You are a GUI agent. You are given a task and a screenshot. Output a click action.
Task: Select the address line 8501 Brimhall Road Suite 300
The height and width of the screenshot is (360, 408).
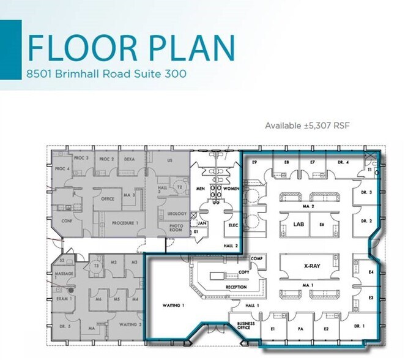[x=106, y=74]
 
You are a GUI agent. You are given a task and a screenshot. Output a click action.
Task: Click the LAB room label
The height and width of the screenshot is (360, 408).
[x=298, y=225]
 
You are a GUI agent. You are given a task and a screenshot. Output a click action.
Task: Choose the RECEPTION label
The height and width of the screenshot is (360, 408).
[x=236, y=287]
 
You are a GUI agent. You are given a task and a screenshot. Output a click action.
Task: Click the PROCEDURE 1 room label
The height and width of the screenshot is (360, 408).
[x=124, y=223]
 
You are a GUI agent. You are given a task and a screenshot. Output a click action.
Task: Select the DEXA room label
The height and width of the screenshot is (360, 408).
[x=129, y=159]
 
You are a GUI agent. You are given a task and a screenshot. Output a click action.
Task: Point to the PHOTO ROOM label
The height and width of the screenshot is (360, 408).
[x=177, y=228]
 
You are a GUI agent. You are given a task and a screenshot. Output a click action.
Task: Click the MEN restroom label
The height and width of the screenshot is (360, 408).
[x=201, y=189]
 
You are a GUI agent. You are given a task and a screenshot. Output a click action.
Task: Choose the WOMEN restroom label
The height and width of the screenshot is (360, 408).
[x=231, y=189]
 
